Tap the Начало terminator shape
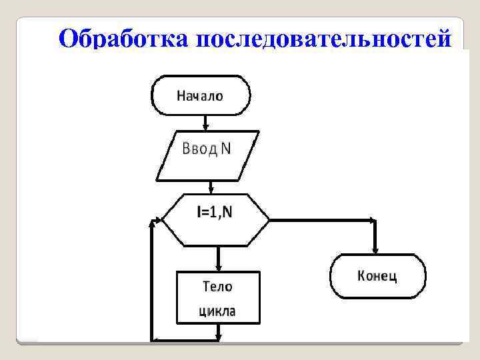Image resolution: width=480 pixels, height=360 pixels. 201,95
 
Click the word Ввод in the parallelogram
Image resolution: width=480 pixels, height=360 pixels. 199,149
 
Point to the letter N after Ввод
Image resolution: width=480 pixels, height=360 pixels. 226,149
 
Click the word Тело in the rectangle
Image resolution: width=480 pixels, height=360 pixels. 217,287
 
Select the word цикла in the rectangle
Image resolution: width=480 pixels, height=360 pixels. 217,311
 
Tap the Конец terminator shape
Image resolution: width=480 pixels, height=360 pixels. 377,275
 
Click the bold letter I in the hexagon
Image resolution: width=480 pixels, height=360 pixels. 199,213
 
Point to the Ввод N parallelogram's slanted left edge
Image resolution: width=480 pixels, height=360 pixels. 164,156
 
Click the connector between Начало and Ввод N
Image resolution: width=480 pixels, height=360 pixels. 206,121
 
